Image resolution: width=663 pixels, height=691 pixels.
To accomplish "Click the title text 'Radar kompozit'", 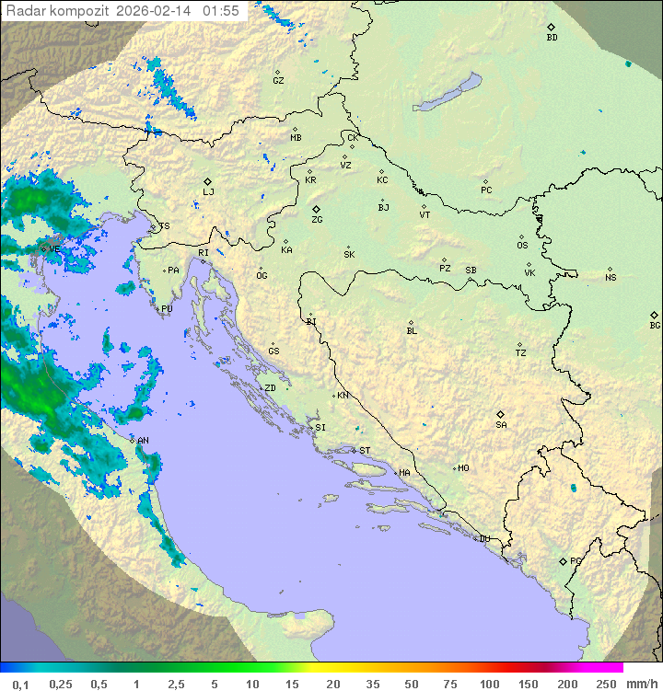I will click(58, 11).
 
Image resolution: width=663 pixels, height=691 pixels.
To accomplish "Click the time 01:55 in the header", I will click(221, 11).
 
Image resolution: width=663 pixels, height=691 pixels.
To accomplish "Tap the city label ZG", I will click(317, 220).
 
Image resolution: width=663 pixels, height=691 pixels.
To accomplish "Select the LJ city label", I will click(208, 191).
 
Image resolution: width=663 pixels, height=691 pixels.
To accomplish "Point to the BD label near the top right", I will click(552, 38).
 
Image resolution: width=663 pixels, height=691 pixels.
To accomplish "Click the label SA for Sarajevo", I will click(501, 424).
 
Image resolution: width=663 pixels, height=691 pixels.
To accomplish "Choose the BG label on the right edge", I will click(655, 325).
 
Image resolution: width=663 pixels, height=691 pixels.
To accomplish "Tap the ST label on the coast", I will click(365, 450).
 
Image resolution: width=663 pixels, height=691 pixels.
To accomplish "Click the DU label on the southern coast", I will click(483, 539).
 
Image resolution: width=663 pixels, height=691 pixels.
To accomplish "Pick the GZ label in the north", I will click(278, 81).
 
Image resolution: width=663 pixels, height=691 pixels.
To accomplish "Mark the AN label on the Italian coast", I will click(143, 441).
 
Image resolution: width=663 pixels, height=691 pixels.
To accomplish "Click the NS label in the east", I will click(611, 278).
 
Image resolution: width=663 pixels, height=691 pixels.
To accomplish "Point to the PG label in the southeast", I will click(576, 560).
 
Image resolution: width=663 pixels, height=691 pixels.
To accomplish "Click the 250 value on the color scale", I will click(606, 684).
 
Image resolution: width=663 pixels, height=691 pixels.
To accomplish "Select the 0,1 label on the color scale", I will click(21, 684).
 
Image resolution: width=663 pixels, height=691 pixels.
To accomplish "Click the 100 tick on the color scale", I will click(489, 684).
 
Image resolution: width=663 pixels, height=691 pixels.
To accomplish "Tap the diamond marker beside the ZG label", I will click(316, 210).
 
